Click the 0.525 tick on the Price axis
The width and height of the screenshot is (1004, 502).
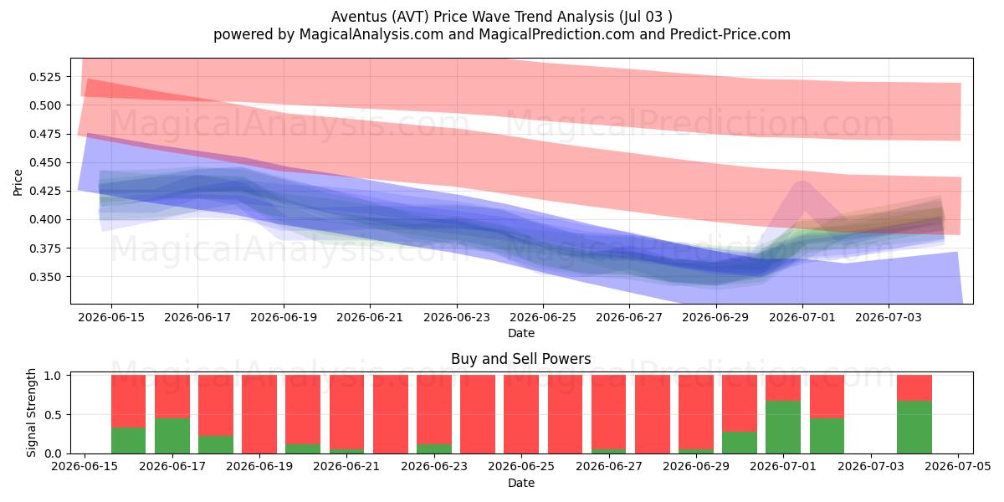click(x=45, y=77)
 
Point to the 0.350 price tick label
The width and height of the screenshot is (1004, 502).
click(x=45, y=277)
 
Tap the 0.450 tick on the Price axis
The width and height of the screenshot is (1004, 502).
click(x=45, y=162)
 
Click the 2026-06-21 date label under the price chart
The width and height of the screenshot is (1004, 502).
click(x=370, y=317)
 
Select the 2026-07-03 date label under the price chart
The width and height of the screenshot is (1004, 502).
click(x=889, y=317)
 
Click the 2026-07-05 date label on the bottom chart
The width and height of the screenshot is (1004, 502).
click(x=958, y=466)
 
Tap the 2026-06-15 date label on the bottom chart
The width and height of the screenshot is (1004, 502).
click(x=85, y=466)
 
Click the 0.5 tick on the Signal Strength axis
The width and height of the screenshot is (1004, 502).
click(x=53, y=415)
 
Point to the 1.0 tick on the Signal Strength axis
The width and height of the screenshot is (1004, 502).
click(x=53, y=376)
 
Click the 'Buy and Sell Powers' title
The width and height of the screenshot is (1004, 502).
click(x=520, y=359)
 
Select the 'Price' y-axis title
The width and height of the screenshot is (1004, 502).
click(x=18, y=182)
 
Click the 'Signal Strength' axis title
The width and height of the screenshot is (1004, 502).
click(x=31, y=412)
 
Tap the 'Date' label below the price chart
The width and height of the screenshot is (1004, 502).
click(x=520, y=333)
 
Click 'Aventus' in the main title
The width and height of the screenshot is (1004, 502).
click(x=359, y=17)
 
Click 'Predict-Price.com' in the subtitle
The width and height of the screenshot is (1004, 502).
click(x=730, y=34)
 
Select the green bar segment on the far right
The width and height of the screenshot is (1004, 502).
click(x=914, y=428)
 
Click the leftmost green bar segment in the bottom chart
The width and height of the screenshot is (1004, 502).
click(x=128, y=441)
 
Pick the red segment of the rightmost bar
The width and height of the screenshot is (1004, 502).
click(x=914, y=388)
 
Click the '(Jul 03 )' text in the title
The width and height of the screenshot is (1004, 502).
click(x=646, y=17)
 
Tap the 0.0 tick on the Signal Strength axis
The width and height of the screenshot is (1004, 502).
click(x=53, y=453)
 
